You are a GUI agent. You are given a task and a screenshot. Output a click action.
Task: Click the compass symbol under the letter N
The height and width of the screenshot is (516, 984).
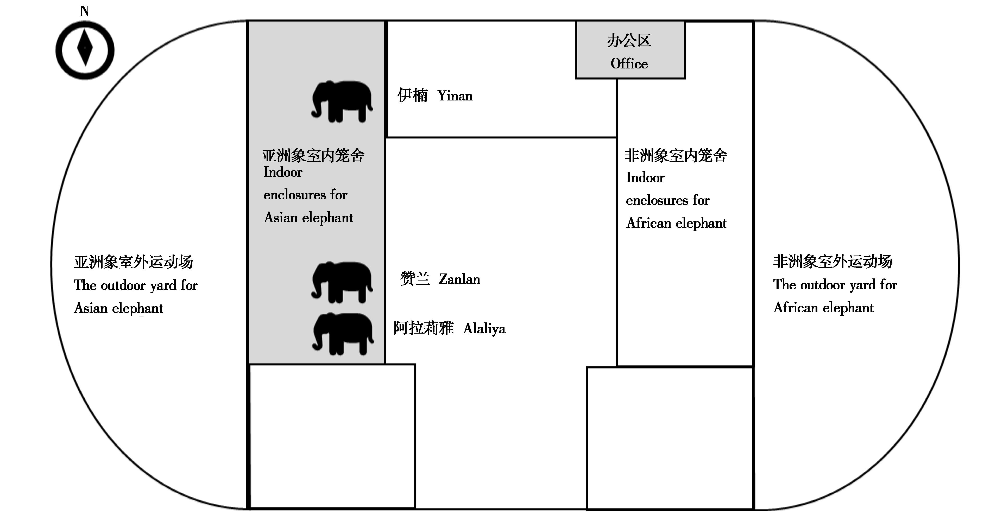tap(85, 50)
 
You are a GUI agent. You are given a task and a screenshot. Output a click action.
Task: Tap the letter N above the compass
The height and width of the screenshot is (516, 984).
tap(84, 11)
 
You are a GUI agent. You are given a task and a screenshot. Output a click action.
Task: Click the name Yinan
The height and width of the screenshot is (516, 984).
tap(455, 96)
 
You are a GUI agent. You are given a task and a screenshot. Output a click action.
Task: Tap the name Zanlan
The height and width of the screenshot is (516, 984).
tap(459, 279)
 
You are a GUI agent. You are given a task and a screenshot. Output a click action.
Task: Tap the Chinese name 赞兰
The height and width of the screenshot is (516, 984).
tap(415, 279)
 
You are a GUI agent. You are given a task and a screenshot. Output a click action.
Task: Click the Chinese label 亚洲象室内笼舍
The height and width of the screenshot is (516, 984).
tap(313, 155)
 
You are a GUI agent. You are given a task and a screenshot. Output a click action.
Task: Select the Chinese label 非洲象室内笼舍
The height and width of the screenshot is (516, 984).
tap(676, 155)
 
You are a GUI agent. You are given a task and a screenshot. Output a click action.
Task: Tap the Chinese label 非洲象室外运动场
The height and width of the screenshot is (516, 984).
tap(833, 262)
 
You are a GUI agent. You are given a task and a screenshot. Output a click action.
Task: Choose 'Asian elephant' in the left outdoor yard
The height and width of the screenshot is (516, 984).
tap(118, 308)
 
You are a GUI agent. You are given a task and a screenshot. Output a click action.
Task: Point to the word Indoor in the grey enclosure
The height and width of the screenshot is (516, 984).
tap(283, 172)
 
